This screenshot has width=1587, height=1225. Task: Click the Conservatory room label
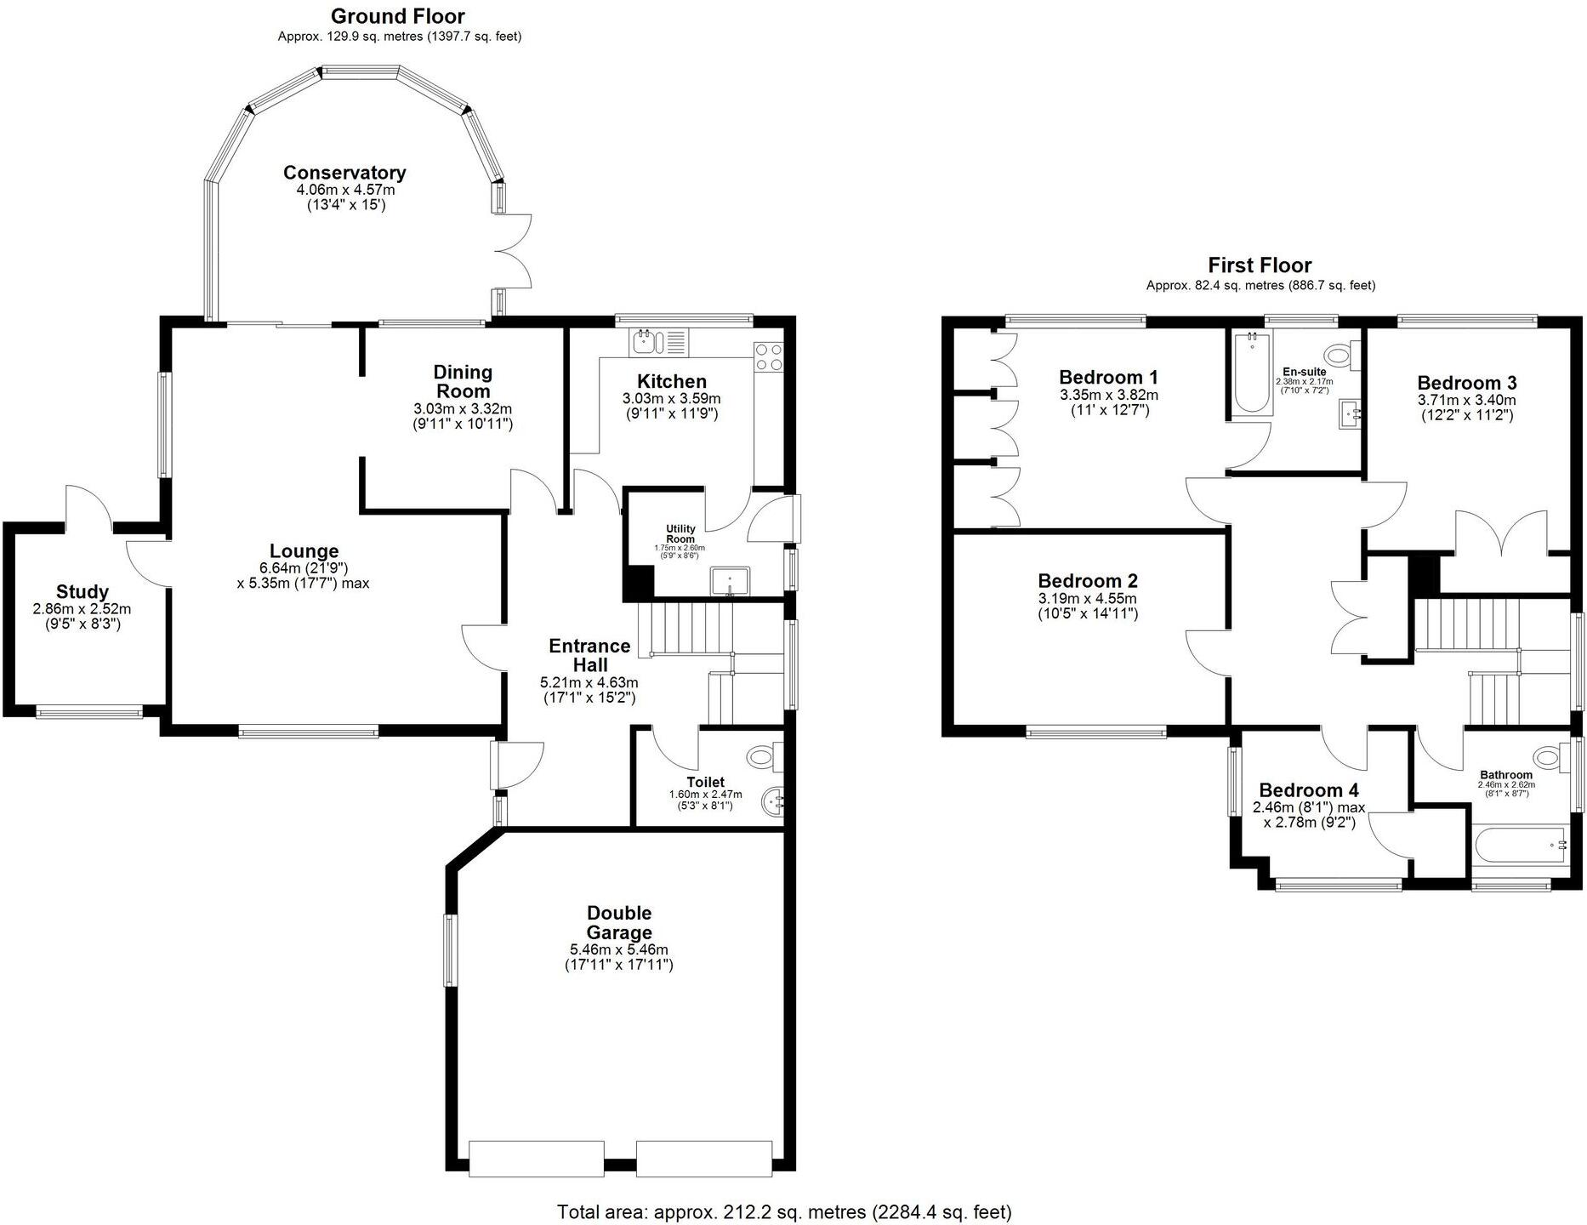[344, 173]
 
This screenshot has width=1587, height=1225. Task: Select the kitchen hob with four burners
[769, 356]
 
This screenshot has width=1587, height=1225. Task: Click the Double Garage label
[619, 922]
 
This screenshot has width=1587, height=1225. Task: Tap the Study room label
[82, 591]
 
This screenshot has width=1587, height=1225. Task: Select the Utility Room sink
[729, 580]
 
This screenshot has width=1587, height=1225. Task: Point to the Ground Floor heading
[397, 16]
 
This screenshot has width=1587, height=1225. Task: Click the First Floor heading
[1260, 265]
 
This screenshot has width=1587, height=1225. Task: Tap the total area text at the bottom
[784, 1211]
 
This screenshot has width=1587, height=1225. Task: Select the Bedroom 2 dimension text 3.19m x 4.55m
[1088, 598]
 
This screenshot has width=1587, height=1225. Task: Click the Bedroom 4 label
[1308, 790]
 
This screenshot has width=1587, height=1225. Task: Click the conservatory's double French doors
[513, 251]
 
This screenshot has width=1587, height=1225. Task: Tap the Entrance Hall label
[589, 655]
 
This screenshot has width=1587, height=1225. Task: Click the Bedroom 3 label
[1466, 383]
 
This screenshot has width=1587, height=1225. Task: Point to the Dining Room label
[463, 381]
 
